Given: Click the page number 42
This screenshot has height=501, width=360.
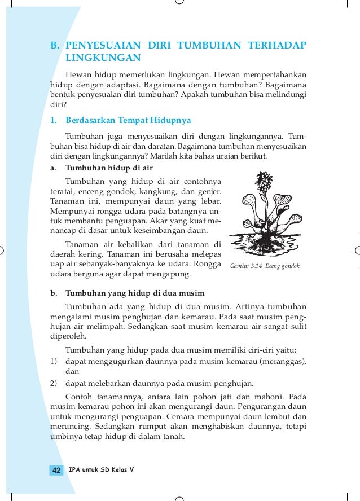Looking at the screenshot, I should click(x=56, y=471).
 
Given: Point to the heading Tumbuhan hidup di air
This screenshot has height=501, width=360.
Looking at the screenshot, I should click(x=109, y=168).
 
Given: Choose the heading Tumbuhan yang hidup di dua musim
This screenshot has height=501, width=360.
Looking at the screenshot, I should click(x=134, y=293).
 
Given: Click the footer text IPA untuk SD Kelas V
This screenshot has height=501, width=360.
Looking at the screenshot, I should click(x=101, y=469).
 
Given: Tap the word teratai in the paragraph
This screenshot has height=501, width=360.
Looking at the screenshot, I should click(x=63, y=192).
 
